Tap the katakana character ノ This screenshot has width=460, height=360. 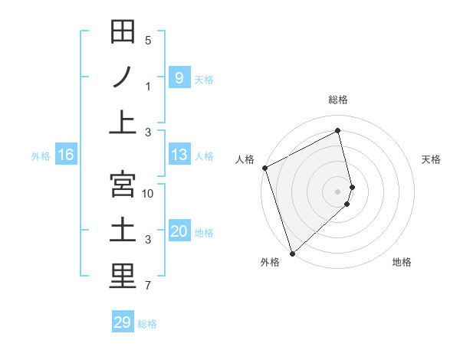(122, 77)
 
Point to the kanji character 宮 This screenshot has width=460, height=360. (122, 185)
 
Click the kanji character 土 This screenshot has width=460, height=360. (122, 231)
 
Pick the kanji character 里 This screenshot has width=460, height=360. (122, 277)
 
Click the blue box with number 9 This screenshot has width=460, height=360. (179, 77)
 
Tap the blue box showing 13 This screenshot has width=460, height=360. (179, 155)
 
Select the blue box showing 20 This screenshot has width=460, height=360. (179, 231)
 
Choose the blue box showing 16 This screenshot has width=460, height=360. (66, 155)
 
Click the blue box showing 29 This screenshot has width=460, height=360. (123, 322)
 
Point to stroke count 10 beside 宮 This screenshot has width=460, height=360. (148, 193)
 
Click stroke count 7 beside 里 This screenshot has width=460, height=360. (148, 286)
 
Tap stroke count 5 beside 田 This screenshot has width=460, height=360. (148, 40)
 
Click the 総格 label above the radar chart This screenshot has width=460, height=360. (338, 99)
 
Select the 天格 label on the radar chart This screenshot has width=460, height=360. (432, 159)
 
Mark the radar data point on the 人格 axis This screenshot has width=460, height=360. (264, 168)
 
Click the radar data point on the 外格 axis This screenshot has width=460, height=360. (292, 253)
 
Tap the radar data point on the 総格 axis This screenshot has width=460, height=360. (338, 130)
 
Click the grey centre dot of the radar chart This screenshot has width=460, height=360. (338, 191)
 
